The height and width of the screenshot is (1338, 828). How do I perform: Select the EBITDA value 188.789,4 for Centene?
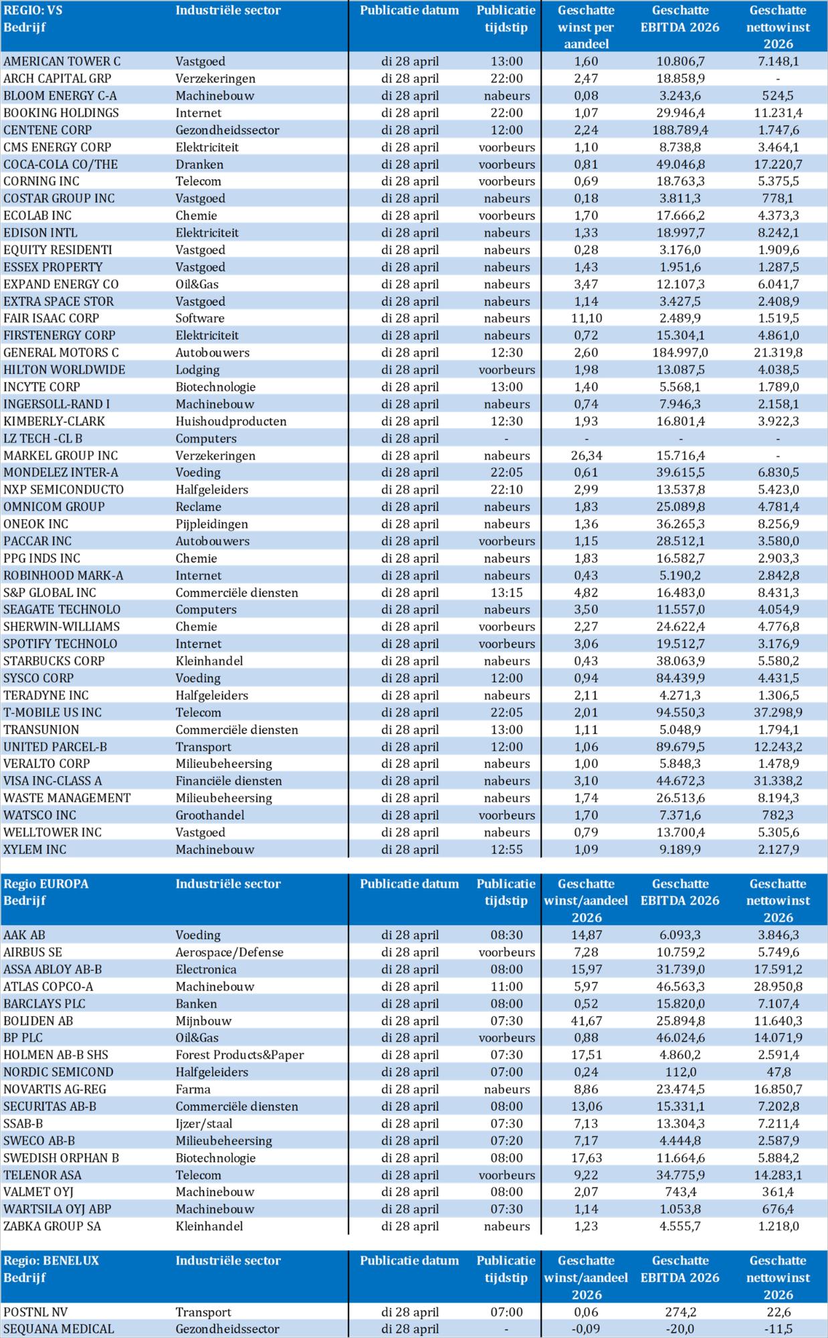click(680, 130)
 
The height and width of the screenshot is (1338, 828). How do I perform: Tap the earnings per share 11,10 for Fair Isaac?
click(585, 318)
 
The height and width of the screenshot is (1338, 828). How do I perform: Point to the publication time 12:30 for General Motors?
click(506, 353)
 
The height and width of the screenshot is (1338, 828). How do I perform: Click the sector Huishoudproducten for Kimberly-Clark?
click(231, 421)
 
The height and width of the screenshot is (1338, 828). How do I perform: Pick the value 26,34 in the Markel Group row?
click(585, 456)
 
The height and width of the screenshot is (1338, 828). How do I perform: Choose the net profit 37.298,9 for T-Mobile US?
click(777, 712)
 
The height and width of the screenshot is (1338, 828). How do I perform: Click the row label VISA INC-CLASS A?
click(53, 781)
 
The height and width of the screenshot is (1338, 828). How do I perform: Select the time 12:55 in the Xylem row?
click(506, 850)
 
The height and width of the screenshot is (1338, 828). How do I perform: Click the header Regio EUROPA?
click(46, 884)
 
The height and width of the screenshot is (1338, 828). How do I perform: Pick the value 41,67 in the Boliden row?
click(585, 1021)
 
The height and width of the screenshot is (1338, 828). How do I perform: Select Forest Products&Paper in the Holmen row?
click(239, 1055)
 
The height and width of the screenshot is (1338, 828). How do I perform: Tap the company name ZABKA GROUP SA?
click(52, 1226)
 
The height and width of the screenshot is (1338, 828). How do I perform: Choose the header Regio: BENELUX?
click(51, 1260)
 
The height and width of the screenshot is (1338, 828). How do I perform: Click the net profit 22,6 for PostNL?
click(777, 1312)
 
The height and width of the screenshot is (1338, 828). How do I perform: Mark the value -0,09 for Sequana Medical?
click(585, 1329)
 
